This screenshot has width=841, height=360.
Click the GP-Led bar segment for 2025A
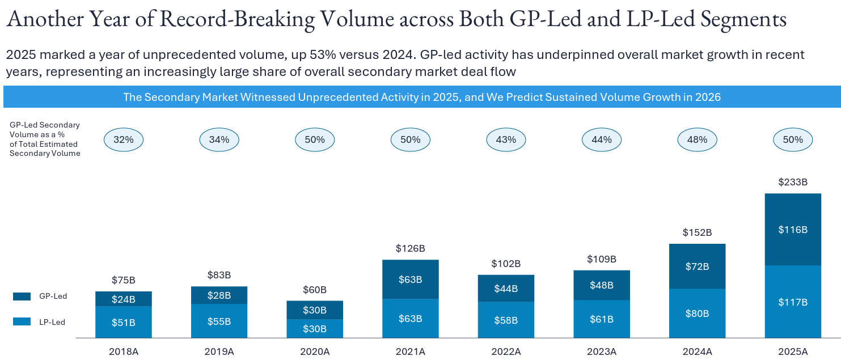click(793, 230)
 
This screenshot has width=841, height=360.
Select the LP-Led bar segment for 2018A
click(124, 322)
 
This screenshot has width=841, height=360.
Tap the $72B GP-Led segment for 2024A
click(697, 266)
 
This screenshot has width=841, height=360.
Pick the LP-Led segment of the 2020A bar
click(315, 329)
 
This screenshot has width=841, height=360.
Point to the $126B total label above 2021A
click(410, 248)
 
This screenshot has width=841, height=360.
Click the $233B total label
click(793, 183)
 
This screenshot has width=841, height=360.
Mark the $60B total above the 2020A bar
click(315, 290)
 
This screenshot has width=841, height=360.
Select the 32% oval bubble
click(124, 139)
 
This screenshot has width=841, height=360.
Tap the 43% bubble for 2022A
click(506, 139)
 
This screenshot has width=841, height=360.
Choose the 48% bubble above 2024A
click(697, 139)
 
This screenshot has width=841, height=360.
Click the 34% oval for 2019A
click(219, 139)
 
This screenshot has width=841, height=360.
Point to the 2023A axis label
click(601, 351)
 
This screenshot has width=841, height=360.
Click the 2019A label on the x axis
click(219, 351)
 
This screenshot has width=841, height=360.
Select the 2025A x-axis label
click(793, 351)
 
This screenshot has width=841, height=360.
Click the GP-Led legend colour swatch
click(22, 297)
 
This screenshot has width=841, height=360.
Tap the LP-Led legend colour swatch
click(22, 322)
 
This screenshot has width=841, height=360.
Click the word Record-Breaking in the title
click(238, 20)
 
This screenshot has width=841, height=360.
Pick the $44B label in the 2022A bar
click(506, 288)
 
